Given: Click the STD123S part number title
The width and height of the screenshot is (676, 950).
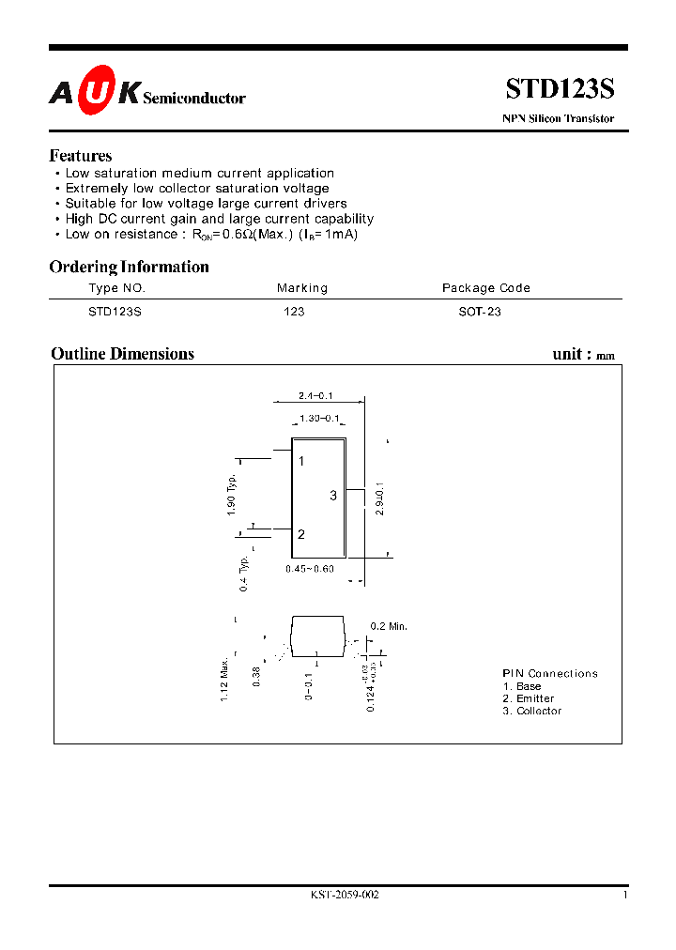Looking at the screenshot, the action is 560,89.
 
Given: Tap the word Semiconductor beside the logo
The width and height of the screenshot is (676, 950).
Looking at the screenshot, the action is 194,98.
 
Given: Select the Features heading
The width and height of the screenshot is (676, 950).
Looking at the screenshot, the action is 81,156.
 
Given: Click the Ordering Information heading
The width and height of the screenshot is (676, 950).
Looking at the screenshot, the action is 130,267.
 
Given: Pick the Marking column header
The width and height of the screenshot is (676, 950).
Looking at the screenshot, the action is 302,288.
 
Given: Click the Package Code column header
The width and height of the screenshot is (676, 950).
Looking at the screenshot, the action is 486,288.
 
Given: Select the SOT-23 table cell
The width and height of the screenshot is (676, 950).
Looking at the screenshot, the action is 480,312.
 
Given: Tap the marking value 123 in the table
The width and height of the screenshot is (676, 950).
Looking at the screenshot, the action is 294,312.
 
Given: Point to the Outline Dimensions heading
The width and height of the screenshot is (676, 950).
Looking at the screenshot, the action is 123,354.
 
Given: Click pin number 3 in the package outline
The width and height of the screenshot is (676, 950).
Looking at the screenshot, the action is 333,496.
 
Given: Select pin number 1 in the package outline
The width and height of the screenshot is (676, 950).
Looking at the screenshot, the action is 301,462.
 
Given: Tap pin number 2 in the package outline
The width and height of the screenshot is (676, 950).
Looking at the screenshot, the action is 301,535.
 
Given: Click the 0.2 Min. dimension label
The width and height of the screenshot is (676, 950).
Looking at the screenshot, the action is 389,626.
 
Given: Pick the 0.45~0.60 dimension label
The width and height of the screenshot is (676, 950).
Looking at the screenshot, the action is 310,569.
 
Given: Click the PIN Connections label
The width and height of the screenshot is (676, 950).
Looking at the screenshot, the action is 550,674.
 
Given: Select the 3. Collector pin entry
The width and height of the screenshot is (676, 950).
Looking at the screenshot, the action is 532,712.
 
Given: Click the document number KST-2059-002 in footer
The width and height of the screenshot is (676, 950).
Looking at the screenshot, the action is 345,896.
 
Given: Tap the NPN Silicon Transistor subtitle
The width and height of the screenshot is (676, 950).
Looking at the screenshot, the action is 559,119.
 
